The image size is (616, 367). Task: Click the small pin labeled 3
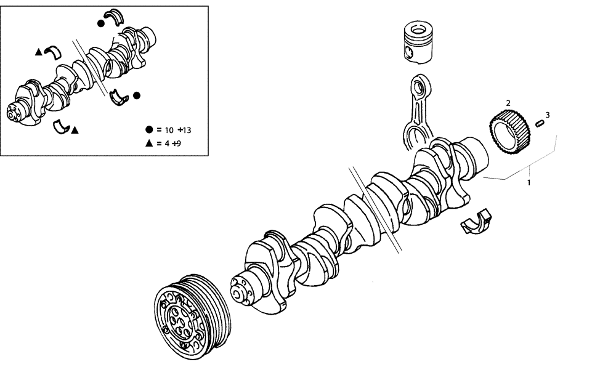pos(541,123)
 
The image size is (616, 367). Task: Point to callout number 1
pos(528,183)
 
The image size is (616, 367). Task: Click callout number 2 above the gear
pos(508,103)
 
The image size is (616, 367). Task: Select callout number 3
pos(547,115)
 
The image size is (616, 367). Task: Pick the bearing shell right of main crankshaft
pos(477,222)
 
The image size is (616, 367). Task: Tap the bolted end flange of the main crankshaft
pos(241,290)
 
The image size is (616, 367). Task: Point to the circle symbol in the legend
pos(149,130)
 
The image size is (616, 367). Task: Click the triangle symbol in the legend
pos(149,143)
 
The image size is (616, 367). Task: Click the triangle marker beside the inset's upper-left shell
pos(38,52)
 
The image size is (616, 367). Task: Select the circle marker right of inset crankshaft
pos(137,95)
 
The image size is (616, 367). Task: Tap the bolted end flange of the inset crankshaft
pos(14,112)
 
